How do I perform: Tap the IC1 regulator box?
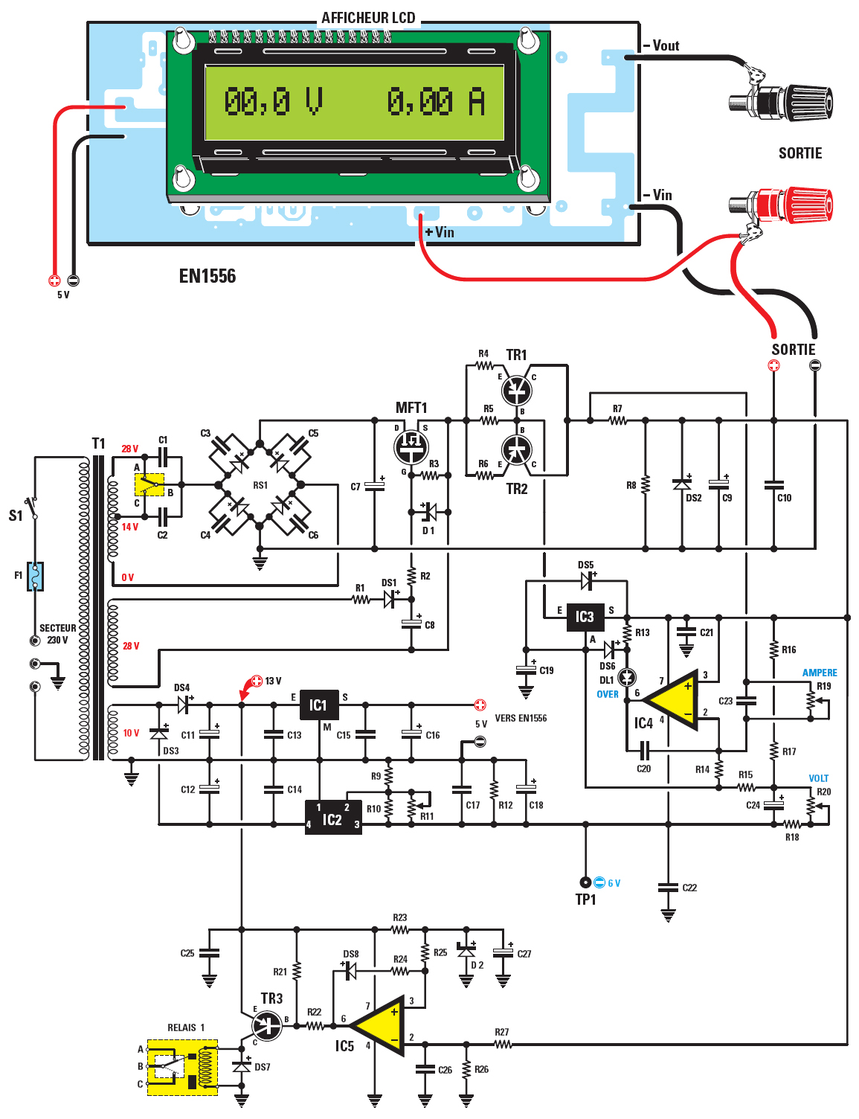(319, 705)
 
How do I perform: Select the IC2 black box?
(332, 818)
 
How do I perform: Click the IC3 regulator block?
(585, 616)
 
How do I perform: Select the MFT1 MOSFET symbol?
(411, 446)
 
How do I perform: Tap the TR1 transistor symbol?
(516, 388)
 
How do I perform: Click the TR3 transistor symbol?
(267, 1026)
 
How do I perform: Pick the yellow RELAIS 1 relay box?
(182, 1067)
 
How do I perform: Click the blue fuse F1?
(35, 576)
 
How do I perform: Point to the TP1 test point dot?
(585, 882)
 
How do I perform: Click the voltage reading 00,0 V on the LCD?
(273, 102)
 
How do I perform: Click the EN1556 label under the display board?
(207, 276)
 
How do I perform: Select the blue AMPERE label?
(819, 673)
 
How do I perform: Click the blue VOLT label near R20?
(818, 778)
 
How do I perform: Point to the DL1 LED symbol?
(627, 677)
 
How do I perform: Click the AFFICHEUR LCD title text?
(368, 18)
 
